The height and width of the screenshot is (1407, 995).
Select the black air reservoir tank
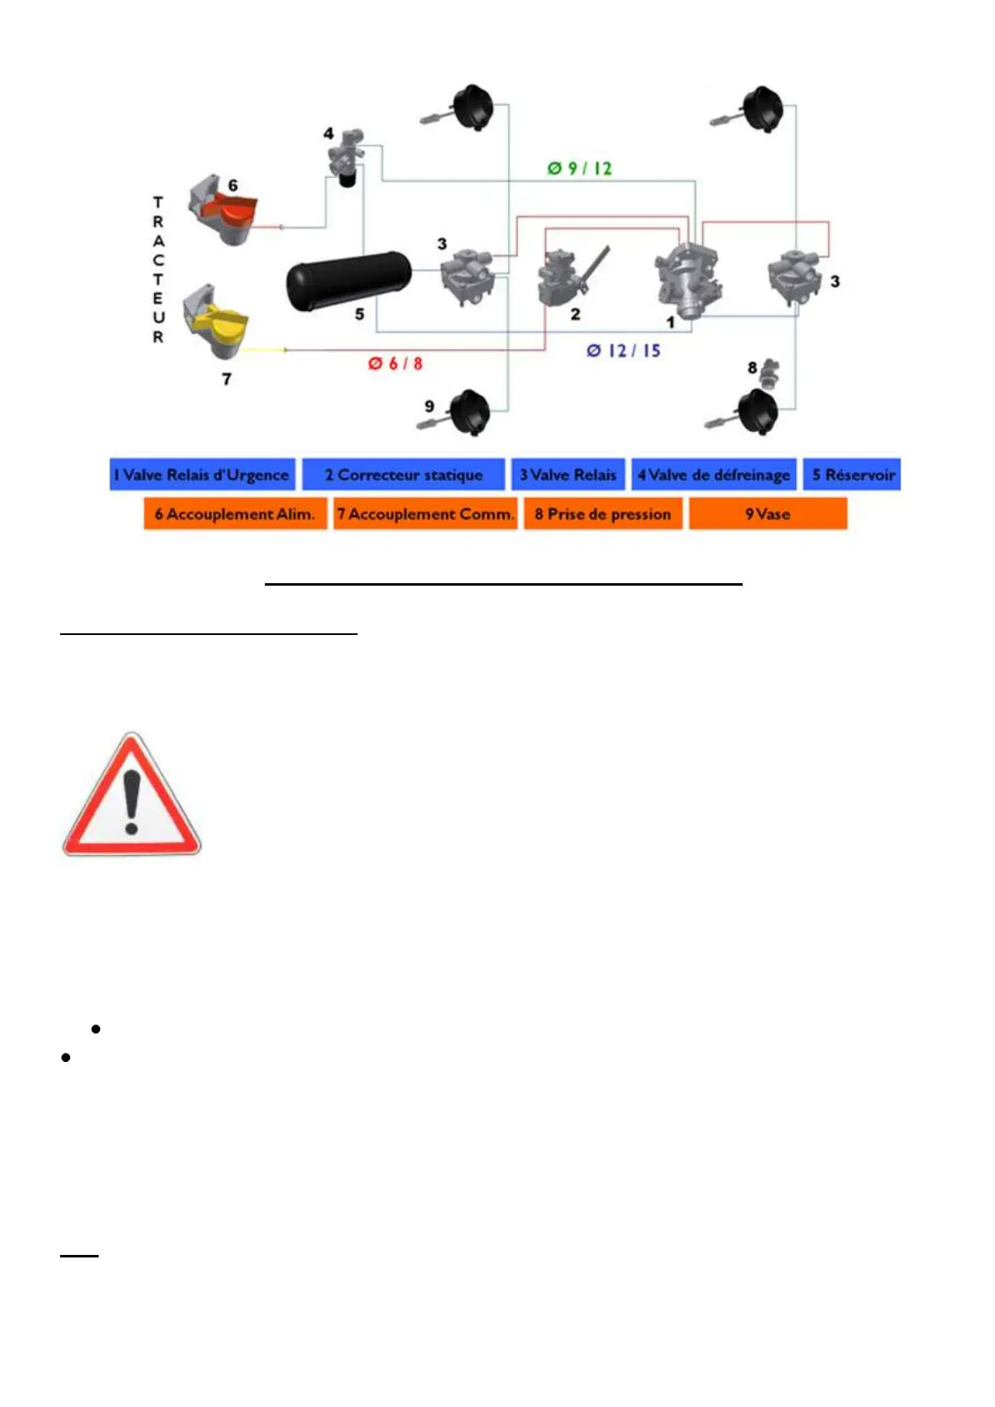point(348,281)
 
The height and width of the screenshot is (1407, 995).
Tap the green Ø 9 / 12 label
point(580,169)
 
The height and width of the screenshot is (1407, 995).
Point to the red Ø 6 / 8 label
point(395,363)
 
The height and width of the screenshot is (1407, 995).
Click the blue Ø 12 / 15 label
point(623,351)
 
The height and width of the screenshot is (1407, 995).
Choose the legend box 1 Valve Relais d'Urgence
point(202,475)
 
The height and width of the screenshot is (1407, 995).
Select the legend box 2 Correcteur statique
point(404,475)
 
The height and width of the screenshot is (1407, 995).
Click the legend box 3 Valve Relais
point(568,475)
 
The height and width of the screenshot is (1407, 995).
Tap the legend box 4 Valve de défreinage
point(713,475)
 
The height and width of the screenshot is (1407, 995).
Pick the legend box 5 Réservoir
point(852,475)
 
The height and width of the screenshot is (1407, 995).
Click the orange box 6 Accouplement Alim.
point(235,514)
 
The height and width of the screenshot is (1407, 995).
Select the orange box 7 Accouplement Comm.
point(425,514)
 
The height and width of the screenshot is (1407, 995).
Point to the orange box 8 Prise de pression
point(602,514)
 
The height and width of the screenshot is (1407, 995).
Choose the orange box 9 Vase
point(768,514)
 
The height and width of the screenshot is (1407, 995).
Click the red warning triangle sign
point(131,796)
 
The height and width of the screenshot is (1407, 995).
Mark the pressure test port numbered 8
point(770,371)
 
